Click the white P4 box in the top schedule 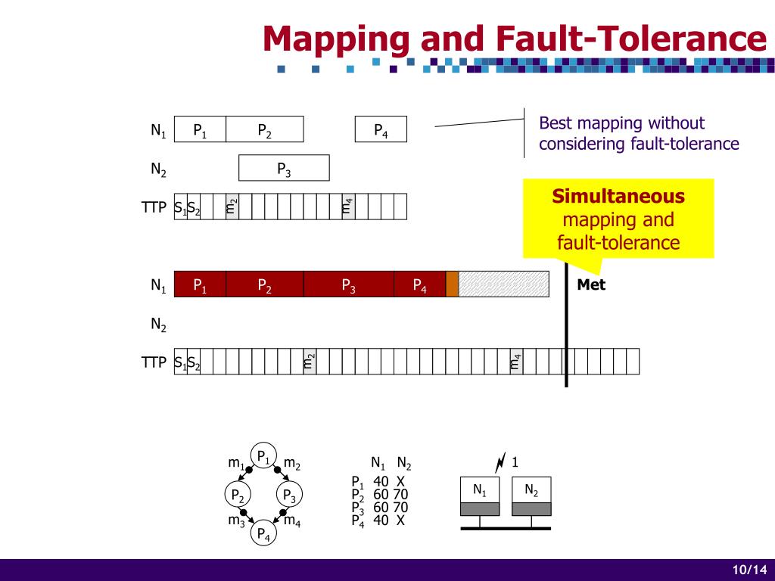point(381,129)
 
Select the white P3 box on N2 point(284,168)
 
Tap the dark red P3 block point(348,284)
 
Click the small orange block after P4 point(452,284)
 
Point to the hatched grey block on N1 point(503,284)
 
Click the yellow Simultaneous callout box point(618,219)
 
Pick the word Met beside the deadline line point(591,285)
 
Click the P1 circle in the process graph point(263,456)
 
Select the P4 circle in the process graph point(263,533)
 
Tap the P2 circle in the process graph point(238,496)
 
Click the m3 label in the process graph point(236,520)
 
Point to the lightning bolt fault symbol point(500,461)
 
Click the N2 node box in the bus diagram point(531,489)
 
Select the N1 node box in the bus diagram point(480,489)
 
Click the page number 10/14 point(749,570)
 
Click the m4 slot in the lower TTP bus point(516,362)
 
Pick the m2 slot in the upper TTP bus point(232,206)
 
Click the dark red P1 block point(200,284)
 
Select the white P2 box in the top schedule point(264,129)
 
